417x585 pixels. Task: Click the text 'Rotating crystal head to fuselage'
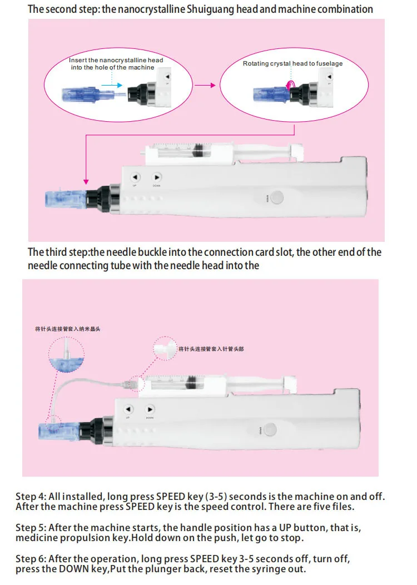point(292,63)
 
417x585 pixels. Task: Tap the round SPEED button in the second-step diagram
point(276,198)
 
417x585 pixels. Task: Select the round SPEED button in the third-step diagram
point(271,429)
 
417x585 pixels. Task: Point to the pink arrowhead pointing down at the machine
point(86,181)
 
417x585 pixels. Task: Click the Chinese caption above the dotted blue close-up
point(67,329)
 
